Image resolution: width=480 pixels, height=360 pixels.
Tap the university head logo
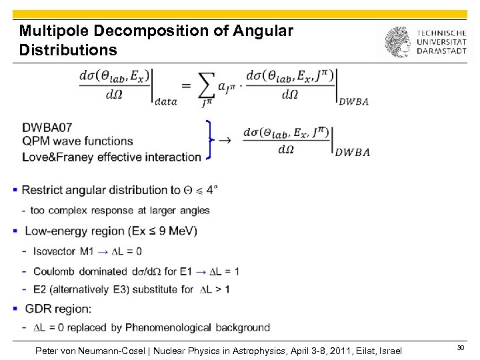click(x=397, y=42)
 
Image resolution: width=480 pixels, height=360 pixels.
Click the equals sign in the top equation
click(x=185, y=84)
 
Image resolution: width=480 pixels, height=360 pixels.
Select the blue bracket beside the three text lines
click(x=211, y=140)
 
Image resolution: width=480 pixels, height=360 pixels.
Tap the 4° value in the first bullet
click(x=211, y=190)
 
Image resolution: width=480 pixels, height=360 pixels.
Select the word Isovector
click(x=54, y=251)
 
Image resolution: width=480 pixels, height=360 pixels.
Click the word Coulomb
click(x=52, y=271)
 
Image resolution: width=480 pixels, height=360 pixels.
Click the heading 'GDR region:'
click(x=58, y=309)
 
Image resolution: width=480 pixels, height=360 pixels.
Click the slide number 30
click(x=460, y=349)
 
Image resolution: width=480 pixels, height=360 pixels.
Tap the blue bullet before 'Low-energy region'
click(x=15, y=231)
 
